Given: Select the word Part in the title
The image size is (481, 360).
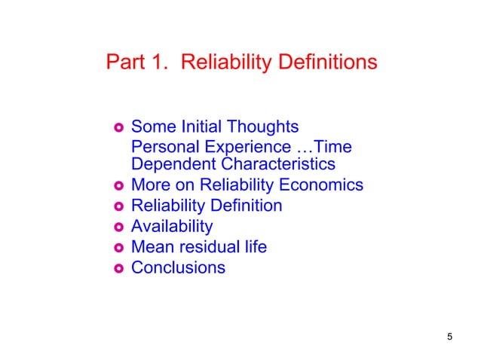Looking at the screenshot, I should click(x=127, y=62).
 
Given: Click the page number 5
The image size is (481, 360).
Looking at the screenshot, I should click(x=449, y=337).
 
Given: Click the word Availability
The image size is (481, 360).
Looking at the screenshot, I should click(x=172, y=226).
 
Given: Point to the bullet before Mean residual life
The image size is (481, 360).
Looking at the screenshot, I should click(x=118, y=247).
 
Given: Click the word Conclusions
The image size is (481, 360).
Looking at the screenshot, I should click(x=178, y=267).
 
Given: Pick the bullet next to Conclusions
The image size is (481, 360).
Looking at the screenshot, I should click(x=118, y=267).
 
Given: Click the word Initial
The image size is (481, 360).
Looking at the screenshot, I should click(x=199, y=126).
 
